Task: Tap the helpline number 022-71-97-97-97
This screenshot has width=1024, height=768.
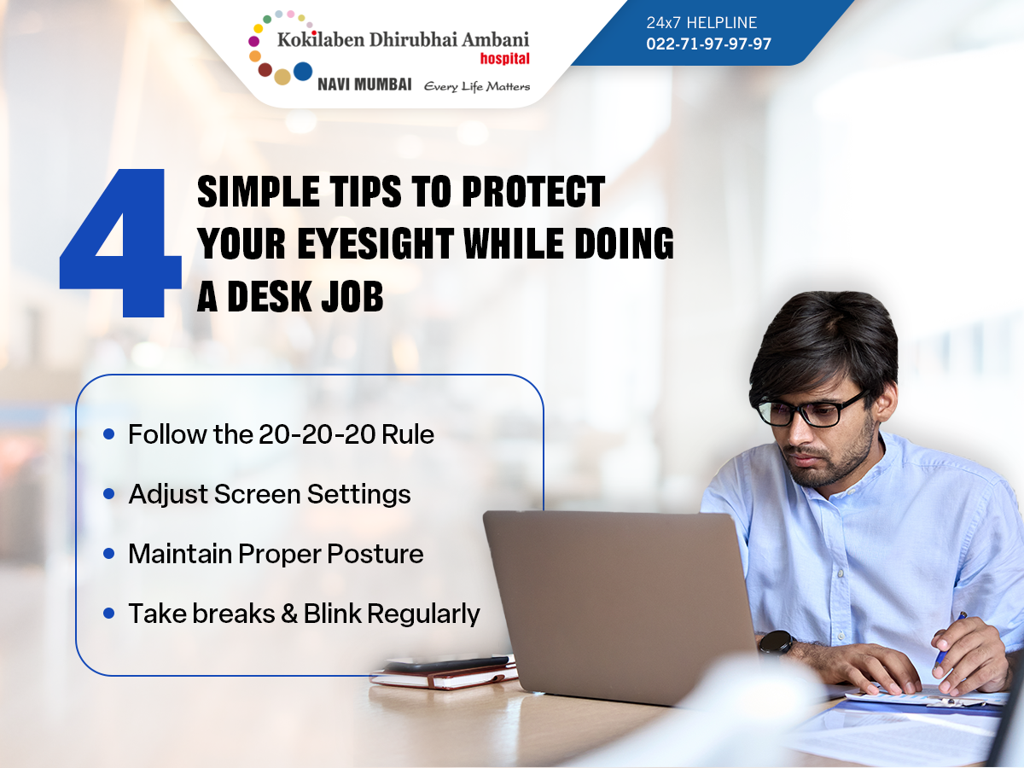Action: coord(708,44)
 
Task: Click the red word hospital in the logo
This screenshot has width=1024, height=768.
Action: coord(505,59)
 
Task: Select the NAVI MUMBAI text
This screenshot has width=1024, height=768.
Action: coord(364,84)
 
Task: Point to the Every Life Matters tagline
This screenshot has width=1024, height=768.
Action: coord(477,87)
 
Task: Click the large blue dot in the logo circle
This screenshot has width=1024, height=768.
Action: coord(303,72)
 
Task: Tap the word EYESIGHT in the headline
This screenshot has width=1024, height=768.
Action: coord(375,243)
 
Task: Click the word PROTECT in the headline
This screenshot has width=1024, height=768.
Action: coord(533,191)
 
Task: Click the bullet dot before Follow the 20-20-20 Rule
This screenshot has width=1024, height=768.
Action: coord(108,434)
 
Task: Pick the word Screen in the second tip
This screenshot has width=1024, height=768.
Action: coord(257,494)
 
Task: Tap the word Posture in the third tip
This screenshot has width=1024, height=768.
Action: coord(375,554)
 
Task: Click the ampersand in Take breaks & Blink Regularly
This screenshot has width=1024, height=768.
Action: coord(289,614)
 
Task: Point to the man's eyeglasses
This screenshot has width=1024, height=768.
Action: coord(812,409)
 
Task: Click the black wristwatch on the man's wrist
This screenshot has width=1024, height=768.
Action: coord(777,642)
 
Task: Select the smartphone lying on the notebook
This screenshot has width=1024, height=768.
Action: coord(448,664)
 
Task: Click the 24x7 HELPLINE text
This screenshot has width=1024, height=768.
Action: coord(701,22)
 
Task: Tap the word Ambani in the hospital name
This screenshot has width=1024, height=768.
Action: coord(496,39)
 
